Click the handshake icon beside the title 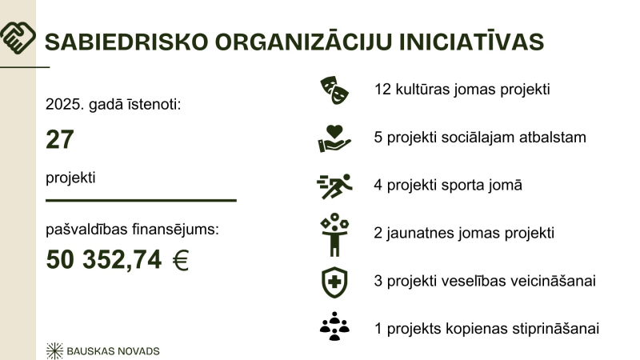pos(18,37)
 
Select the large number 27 pos(60,140)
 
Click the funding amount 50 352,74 pos(104,261)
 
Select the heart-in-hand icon pos(334,138)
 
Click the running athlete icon pos(334,186)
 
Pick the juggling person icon pos(334,234)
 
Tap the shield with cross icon pos(334,281)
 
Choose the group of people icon pos(334,327)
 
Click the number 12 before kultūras pos(382,89)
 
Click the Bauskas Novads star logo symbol pos(55,350)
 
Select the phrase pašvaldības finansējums pos(133,230)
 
